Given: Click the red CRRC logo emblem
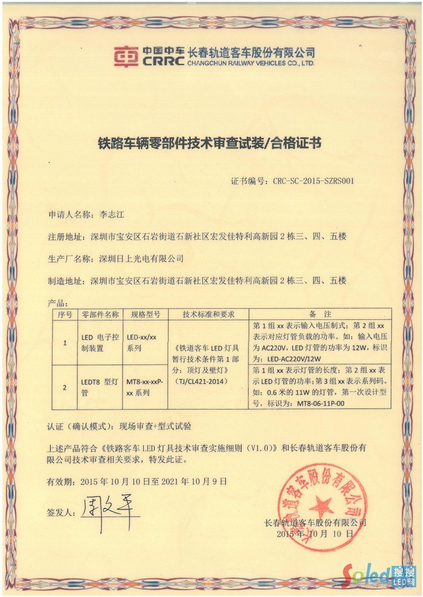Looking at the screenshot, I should (x=127, y=56).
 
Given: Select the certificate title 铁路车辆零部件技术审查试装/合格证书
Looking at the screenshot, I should (x=210, y=143).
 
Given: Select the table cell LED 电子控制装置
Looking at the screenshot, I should (x=99, y=342).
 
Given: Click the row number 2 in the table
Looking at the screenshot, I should (x=65, y=387).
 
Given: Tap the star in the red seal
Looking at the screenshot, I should (x=321, y=507).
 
